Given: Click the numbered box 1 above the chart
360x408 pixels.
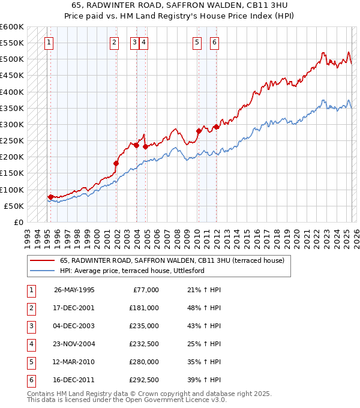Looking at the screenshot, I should (x=48, y=42).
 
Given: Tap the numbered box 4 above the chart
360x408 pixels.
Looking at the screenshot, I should (x=145, y=42).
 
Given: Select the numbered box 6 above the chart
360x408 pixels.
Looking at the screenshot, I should (x=214, y=42).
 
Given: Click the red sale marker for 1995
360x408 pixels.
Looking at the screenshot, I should (x=50, y=197).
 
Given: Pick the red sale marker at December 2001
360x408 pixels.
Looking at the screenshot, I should (x=116, y=163).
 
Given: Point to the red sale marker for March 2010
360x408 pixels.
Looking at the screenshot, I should (x=198, y=131).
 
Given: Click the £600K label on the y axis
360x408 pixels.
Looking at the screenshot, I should (x=12, y=27).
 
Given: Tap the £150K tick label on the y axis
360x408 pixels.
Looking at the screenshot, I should (x=12, y=173).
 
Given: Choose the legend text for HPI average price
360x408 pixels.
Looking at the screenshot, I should (x=132, y=271).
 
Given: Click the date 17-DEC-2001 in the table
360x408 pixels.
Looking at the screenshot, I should (x=74, y=308).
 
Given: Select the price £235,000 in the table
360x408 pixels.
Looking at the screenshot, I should (x=143, y=326).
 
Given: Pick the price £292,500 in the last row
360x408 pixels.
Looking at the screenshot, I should (x=143, y=380).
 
